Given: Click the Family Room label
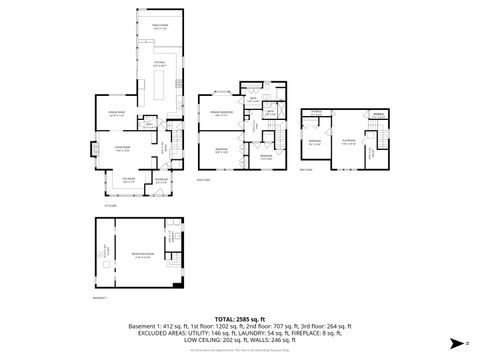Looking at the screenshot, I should [x=159, y=26].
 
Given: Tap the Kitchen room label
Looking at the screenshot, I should [x=160, y=63].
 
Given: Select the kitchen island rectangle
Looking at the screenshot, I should [x=159, y=87].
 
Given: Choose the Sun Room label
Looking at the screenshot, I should [x=128, y=180].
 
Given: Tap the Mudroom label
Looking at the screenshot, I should [x=161, y=180].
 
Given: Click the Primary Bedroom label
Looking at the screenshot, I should [x=221, y=113].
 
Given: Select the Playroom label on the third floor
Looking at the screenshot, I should [x=349, y=141].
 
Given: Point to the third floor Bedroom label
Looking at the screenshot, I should [x=315, y=141].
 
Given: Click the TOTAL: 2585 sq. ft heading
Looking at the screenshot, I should [x=240, y=317].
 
